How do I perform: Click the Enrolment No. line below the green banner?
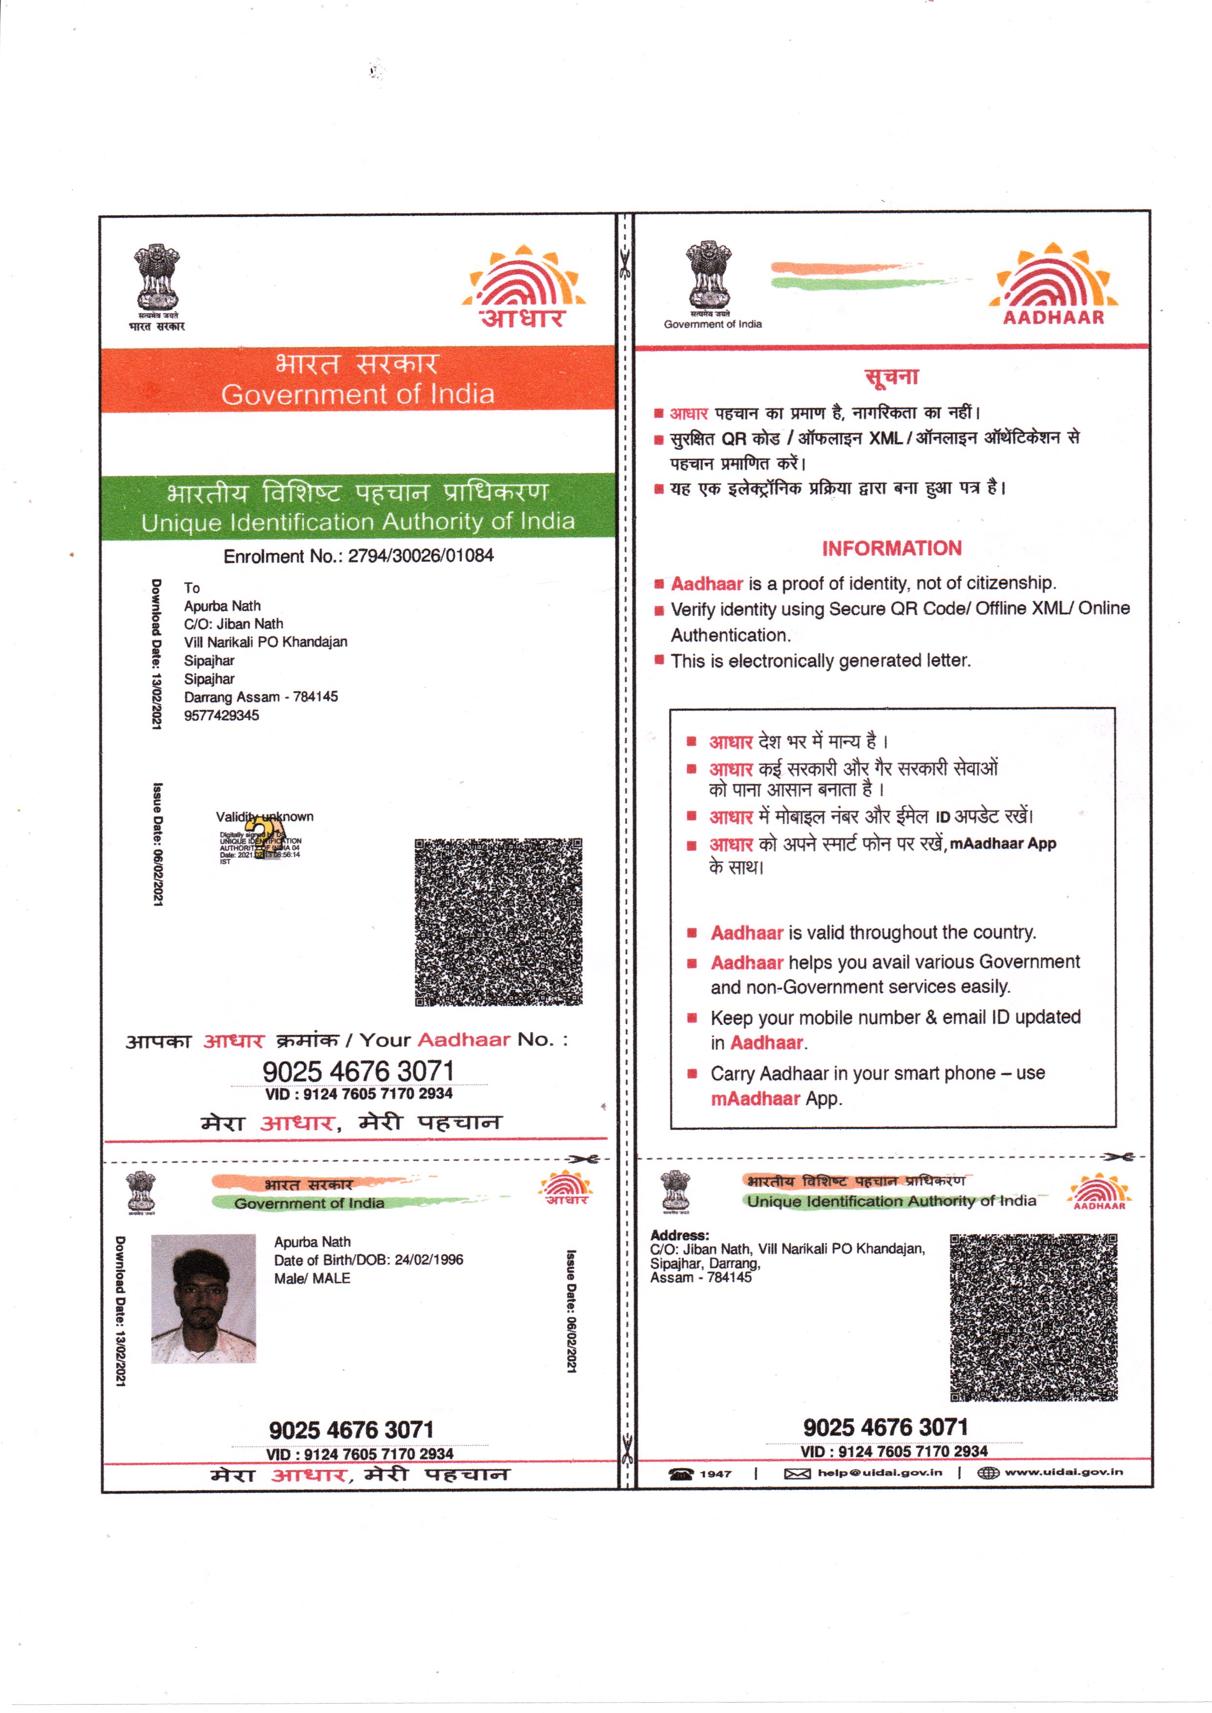pos(358,556)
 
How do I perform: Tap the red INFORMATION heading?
pos(892,549)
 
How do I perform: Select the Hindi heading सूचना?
pos(892,376)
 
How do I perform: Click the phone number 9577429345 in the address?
pos(222,715)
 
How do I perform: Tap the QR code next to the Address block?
pos(1034,1317)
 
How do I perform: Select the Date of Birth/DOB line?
pos(369,1260)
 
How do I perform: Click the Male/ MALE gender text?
pos(312,1279)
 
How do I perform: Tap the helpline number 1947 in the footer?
pos(715,1474)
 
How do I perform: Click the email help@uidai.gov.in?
pos(879,1473)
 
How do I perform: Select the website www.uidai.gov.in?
pos(1063,1472)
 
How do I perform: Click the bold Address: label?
pos(679,1235)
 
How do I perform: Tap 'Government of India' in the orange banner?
pos(358,394)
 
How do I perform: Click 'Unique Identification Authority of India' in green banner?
pos(358,522)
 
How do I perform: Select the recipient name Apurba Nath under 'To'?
pos(222,606)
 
